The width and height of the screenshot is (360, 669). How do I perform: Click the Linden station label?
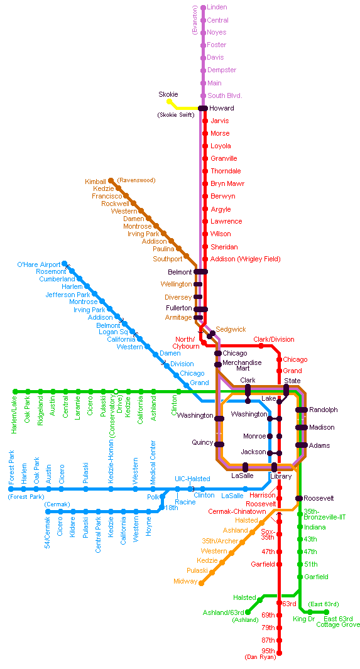pos(217,8)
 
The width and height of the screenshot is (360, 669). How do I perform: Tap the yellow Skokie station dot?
pos(170,102)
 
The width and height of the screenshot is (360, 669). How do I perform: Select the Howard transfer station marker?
pos(203,109)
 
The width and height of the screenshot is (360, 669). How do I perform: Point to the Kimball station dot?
pos(111,180)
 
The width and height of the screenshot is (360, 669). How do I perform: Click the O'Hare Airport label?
pos(39,264)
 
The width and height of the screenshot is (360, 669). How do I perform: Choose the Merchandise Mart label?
pos(243,365)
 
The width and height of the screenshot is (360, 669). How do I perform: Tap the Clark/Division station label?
pos(274,340)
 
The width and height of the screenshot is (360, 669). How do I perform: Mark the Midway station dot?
pos(202,583)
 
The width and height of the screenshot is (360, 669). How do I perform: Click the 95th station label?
pos(268,651)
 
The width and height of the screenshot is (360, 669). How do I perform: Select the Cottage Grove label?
pos(338,624)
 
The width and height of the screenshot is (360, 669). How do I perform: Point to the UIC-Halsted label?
pos(192,479)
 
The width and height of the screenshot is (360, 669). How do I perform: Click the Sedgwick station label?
pos(231,329)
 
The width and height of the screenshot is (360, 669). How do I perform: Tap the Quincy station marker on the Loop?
pos(219,445)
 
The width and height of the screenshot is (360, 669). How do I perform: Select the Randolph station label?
pos(324,410)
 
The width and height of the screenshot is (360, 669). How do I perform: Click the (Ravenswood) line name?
pos(136,180)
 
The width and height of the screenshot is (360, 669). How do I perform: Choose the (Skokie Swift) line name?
pos(176,115)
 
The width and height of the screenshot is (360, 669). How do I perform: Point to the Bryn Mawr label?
pos(228,184)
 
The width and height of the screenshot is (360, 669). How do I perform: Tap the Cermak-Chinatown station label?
pos(237,511)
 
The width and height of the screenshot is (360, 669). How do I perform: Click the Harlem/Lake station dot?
pos(15,391)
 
